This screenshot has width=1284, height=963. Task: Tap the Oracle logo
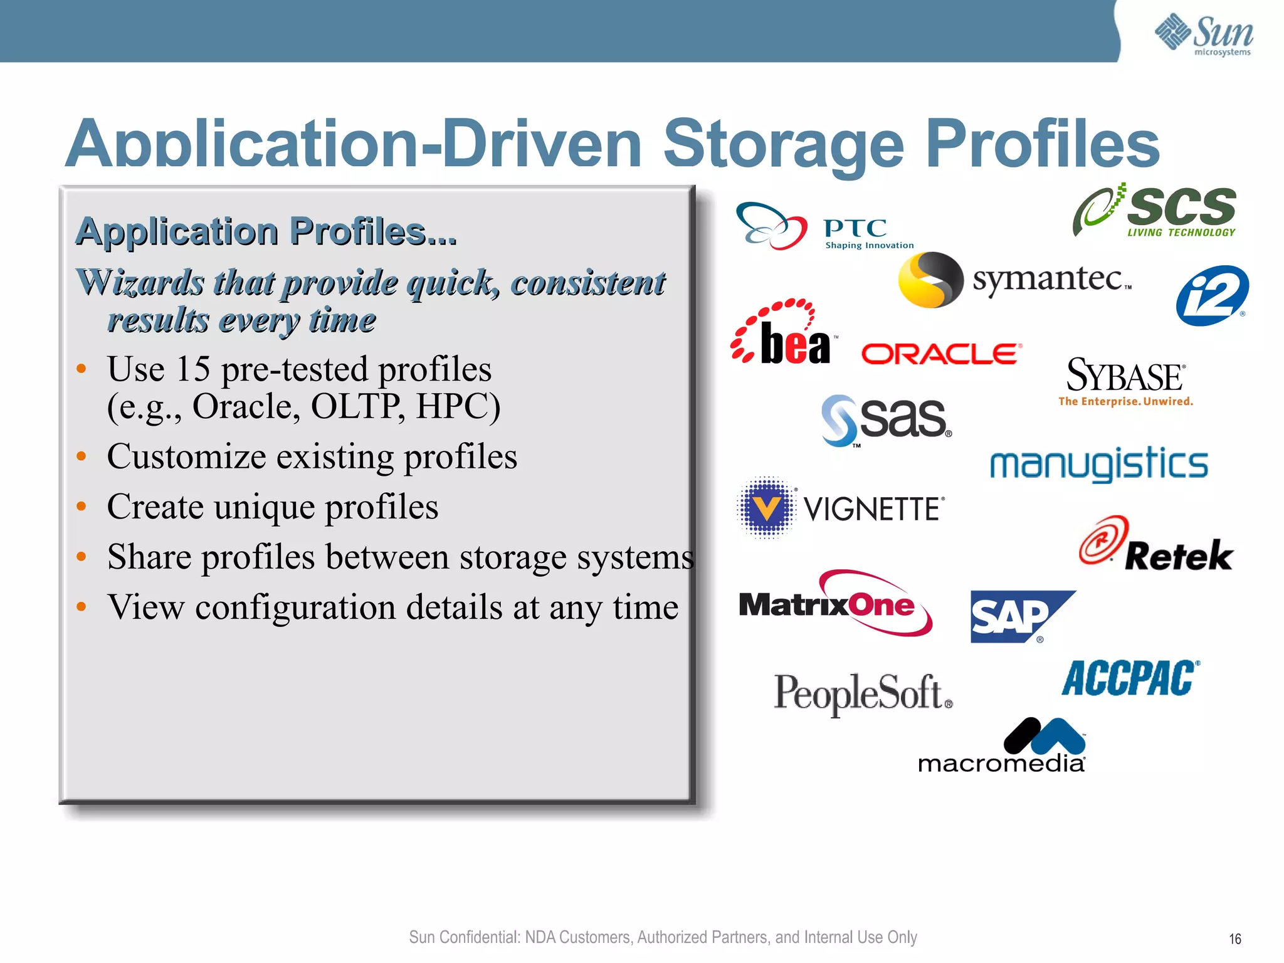tap(941, 354)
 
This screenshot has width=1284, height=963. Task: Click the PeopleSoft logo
tap(863, 693)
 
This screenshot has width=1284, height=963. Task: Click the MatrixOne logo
tap(834, 603)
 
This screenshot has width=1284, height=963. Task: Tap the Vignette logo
tap(840, 508)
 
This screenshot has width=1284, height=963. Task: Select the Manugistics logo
tap(1098, 465)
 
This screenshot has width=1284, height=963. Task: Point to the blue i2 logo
tap(1212, 295)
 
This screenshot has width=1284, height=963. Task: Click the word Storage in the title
tap(783, 145)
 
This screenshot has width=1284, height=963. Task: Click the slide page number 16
tap(1234, 939)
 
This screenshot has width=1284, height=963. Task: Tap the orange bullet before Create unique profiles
tap(81, 506)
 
